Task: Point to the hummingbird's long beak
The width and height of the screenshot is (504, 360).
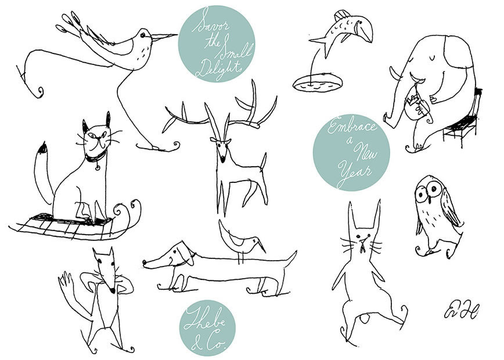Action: (164, 37)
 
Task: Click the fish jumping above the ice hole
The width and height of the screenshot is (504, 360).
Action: (343, 31)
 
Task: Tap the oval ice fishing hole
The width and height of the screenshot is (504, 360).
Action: (317, 83)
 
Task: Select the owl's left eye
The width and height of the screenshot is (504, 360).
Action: (421, 195)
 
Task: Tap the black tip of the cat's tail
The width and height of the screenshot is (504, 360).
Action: (43, 148)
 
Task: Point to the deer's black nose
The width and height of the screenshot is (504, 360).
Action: (222, 159)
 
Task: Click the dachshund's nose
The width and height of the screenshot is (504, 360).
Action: (145, 263)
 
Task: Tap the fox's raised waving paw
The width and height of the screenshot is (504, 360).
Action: (65, 280)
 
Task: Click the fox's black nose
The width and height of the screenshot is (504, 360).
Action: (112, 290)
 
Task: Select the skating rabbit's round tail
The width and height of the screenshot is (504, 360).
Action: (365, 319)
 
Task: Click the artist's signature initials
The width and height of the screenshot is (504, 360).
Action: (462, 309)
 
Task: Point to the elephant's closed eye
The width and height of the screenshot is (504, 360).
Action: (431, 58)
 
